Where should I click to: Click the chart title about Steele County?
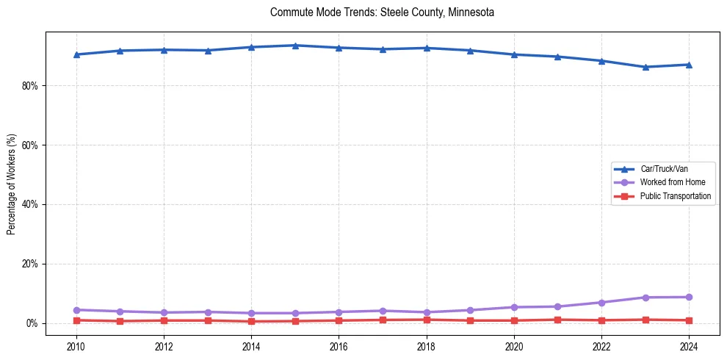[x=382, y=12]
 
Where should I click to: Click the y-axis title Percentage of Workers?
[x=11, y=184]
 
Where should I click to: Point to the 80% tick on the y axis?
[x=30, y=86]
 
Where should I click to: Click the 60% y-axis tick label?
[x=30, y=145]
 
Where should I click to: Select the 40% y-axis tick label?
[x=30, y=204]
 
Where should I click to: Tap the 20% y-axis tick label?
[x=30, y=264]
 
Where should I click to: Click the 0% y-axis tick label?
[x=32, y=323]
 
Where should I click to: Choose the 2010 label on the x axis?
[x=76, y=346]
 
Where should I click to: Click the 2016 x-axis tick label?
[x=339, y=346]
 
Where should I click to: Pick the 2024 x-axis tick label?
[x=689, y=346]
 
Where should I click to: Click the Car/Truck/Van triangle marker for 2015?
[x=295, y=46]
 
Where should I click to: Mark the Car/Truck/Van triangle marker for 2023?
[x=645, y=67]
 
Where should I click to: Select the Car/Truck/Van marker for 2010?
[x=76, y=54]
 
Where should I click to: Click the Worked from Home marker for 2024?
[x=689, y=298]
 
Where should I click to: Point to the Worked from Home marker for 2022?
[x=601, y=303]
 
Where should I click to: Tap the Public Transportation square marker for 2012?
[x=164, y=320]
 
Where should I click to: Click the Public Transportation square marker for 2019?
[x=470, y=320]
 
